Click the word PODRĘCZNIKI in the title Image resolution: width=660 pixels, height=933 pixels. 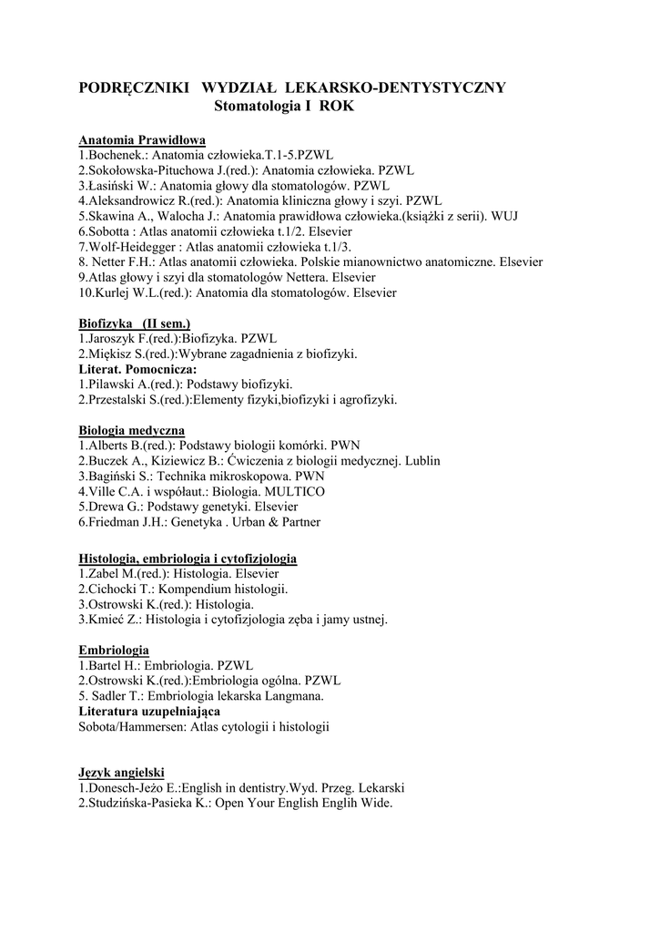click(x=134, y=87)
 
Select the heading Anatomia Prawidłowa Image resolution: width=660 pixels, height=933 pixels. click(x=142, y=140)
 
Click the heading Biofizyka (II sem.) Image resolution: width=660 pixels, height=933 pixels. click(x=134, y=323)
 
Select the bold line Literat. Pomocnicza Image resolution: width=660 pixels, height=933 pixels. click(x=137, y=369)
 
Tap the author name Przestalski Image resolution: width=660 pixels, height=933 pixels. click(x=120, y=399)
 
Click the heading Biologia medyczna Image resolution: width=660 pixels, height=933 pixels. click(x=131, y=430)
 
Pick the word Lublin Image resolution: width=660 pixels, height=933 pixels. click(x=422, y=461)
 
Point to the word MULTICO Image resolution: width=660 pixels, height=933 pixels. click(x=294, y=491)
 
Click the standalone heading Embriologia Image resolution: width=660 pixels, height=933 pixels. click(x=114, y=650)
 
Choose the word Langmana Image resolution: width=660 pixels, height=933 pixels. click(x=294, y=695)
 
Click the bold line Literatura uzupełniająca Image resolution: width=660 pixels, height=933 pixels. click(x=149, y=711)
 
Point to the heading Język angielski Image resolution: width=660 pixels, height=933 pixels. click(x=121, y=773)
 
